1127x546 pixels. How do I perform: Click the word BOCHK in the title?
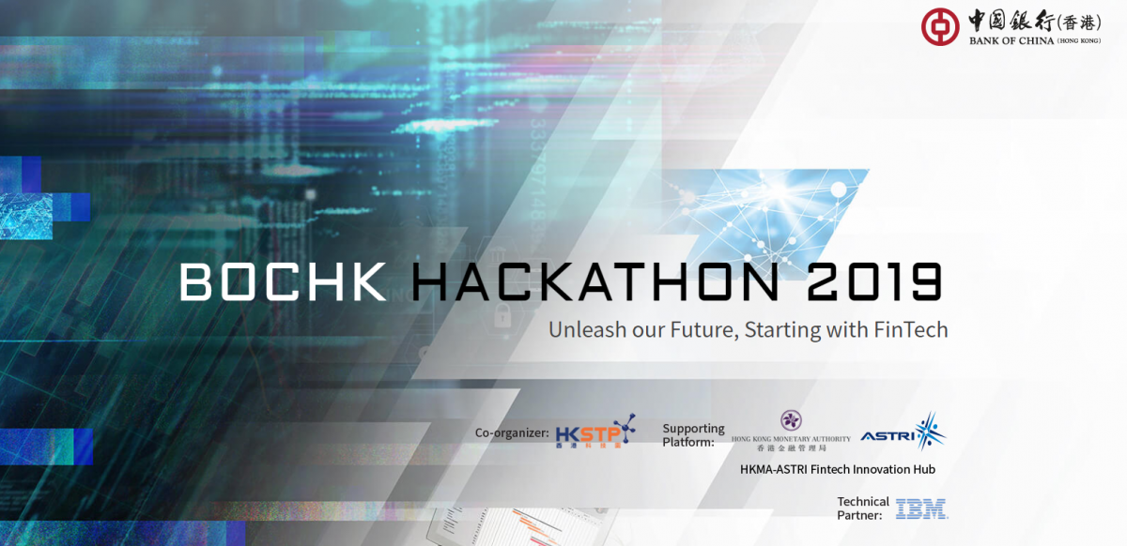(x=283, y=281)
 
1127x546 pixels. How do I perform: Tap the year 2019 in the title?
(x=865, y=281)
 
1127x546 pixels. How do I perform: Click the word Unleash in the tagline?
(x=583, y=330)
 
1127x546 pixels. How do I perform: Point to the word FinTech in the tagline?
(x=911, y=330)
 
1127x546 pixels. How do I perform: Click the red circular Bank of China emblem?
(x=939, y=27)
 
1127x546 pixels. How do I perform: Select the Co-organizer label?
(x=512, y=433)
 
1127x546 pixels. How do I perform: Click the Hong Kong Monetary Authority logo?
(x=791, y=431)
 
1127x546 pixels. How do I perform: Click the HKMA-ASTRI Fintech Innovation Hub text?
(x=837, y=469)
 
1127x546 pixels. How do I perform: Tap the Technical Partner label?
(x=862, y=508)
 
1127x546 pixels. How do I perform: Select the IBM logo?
(x=921, y=509)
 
